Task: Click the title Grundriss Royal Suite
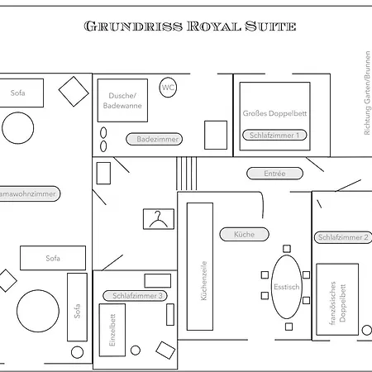[x=190, y=26]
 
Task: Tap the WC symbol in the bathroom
[x=168, y=88]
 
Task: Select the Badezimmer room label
[x=154, y=139]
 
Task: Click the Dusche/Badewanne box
[x=122, y=100]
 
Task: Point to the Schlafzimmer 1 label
[x=274, y=136]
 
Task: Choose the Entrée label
[x=274, y=174]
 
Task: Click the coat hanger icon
[x=159, y=219]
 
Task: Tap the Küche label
[x=244, y=234]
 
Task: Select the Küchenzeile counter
[x=200, y=266]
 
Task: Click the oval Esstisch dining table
[x=287, y=287]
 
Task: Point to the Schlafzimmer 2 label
[x=343, y=237]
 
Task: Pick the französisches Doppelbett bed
[x=337, y=299]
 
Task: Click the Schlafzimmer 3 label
[x=135, y=296]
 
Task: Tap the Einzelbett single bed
[x=112, y=330]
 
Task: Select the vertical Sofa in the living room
[x=78, y=308]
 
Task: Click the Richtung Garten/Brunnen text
[x=367, y=93]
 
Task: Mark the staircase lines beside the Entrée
[x=186, y=174]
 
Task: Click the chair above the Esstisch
[x=287, y=249]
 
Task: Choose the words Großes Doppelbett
[x=274, y=113]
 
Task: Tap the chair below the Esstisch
[x=289, y=327]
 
